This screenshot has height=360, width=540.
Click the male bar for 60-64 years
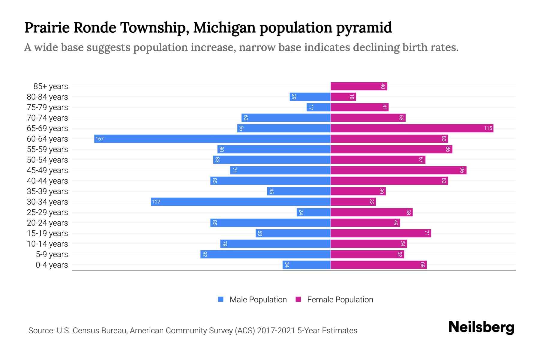212,139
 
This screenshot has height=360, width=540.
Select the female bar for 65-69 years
412,128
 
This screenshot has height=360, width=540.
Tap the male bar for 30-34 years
241,202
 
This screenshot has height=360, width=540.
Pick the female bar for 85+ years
359,86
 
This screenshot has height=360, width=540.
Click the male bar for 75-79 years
319,107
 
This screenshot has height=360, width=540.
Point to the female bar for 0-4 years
379,265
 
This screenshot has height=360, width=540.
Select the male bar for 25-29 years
313,212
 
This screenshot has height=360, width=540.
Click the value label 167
100,139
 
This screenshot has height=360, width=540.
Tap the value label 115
488,128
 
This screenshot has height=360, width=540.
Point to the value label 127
156,202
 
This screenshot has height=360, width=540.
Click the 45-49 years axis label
47,170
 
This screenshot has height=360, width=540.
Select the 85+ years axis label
51,86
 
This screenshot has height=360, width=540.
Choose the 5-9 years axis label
52,254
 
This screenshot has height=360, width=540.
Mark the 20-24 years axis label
47,223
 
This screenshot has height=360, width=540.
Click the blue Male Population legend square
221,299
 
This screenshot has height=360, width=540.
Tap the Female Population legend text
340,300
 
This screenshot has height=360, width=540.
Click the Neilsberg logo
481,327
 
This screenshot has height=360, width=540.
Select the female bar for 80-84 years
343,97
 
